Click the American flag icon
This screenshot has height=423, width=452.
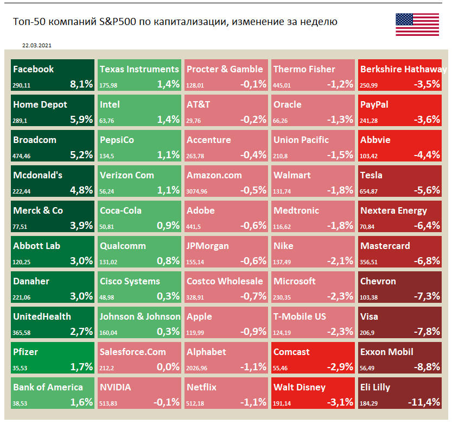coord(417,24)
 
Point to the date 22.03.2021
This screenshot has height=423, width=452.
coord(37,46)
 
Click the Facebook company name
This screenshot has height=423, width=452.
coord(33,69)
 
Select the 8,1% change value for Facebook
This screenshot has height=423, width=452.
coord(81,84)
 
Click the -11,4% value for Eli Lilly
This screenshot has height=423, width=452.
coord(424,402)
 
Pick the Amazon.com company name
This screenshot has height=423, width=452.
coord(214,175)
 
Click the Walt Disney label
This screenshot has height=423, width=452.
coord(299,387)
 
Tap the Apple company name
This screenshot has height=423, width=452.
coord(199,316)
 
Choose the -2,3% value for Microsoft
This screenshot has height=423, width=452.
coord(340,296)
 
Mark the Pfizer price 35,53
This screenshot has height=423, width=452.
coord(20,368)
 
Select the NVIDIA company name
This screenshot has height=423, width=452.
coord(115,387)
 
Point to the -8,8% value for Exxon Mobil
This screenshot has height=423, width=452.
coord(426,367)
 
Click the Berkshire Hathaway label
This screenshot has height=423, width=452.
coord(403,69)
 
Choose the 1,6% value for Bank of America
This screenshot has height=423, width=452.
coord(81,402)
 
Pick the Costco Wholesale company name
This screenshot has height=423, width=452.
coord(225,281)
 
